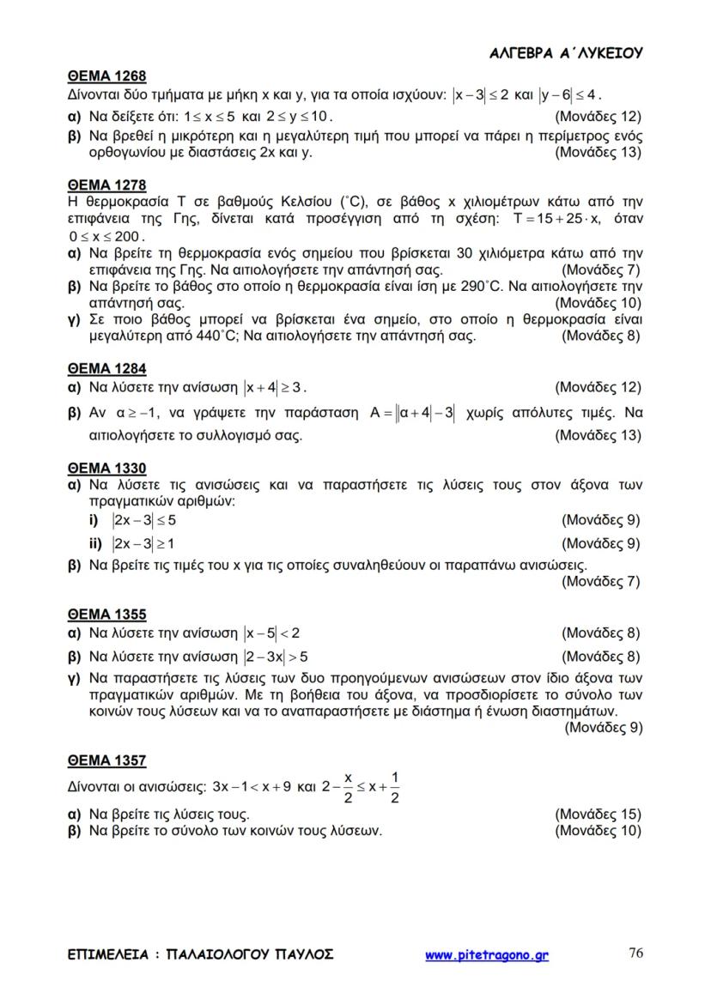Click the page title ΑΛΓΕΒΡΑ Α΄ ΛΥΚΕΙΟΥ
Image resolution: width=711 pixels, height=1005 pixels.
coord(566,53)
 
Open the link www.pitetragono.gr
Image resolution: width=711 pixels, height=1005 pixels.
coord(487,954)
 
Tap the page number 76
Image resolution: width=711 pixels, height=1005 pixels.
coord(636,953)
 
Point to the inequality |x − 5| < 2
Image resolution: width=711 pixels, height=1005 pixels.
coord(271,634)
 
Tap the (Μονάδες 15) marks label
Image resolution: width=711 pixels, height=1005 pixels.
coord(598,814)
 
